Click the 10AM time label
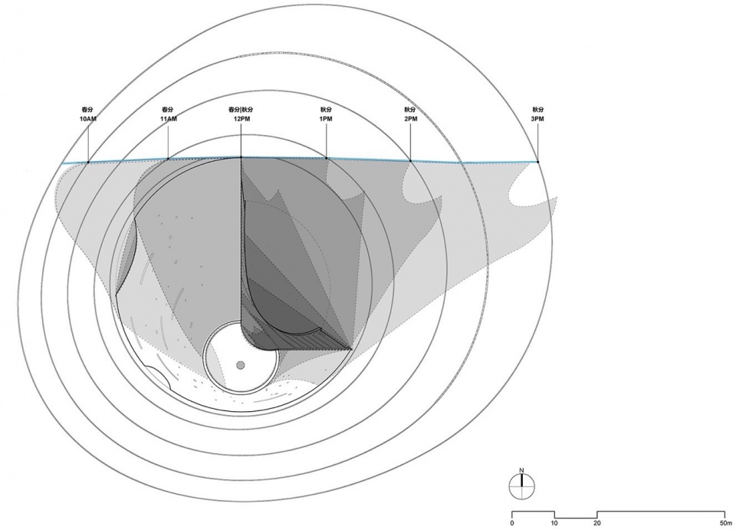point(87,119)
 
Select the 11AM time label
point(169,119)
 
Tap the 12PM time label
point(242,119)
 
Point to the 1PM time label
point(326,119)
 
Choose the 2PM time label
point(411,119)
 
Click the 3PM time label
point(537,119)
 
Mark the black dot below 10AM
point(88,163)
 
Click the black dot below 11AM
point(169,159)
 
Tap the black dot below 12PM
point(242,157)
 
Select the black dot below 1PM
point(327,158)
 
